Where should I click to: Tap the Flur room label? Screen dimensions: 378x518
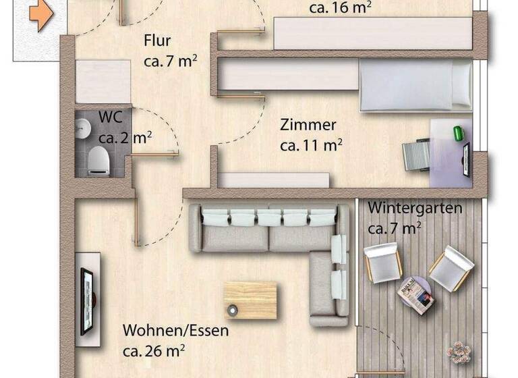[157, 41]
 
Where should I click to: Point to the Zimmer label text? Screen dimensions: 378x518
[308, 125]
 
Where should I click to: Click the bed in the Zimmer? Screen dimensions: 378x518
[415, 84]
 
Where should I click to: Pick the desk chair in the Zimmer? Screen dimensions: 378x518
[416, 155]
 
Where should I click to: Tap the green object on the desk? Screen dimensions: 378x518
[459, 133]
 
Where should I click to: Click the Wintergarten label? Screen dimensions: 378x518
[415, 207]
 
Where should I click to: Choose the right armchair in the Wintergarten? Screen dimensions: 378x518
[450, 268]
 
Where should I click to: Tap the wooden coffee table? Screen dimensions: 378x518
[250, 300]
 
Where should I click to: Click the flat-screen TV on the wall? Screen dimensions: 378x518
[87, 300]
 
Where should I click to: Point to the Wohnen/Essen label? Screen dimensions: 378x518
[175, 331]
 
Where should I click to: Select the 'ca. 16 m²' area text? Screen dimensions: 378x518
[340, 9]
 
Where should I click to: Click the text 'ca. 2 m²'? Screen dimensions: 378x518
[125, 138]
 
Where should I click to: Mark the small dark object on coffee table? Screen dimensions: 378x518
[233, 310]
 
